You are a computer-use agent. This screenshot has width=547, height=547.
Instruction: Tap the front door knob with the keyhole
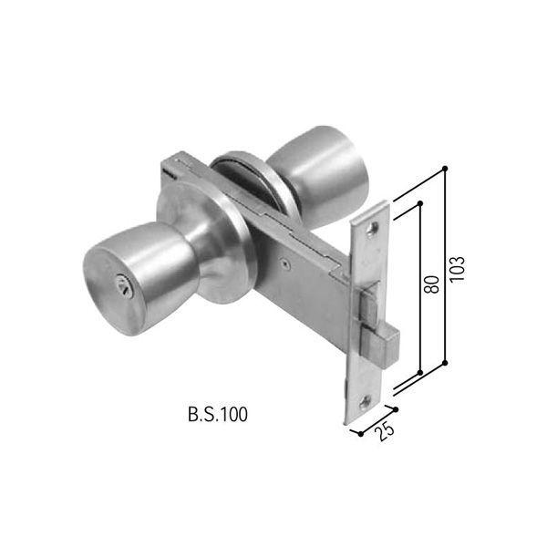point(128,278)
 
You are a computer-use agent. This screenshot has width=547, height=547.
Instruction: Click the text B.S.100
point(217,415)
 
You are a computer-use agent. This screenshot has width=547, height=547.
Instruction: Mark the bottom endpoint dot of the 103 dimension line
point(444,364)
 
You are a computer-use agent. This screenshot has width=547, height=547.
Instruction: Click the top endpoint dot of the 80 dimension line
point(420,205)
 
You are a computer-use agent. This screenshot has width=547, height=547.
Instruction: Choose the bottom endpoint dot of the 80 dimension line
point(418,373)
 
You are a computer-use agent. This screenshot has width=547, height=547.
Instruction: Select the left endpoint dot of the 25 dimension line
point(360,434)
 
